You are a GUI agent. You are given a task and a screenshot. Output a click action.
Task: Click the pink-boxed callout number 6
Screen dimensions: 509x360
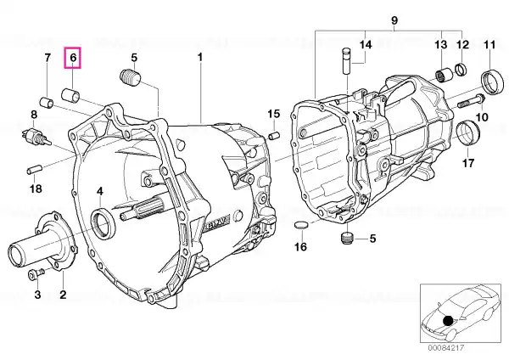[73, 58]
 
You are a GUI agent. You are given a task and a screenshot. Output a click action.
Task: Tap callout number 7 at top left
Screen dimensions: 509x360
[48, 58]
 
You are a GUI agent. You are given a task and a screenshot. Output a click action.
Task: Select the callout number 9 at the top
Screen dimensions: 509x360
[394, 20]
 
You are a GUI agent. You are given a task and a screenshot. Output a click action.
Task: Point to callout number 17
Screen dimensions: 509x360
[468, 163]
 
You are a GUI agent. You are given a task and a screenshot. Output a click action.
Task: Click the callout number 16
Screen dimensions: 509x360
[300, 246]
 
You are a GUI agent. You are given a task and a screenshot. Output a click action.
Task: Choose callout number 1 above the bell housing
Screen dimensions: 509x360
[200, 58]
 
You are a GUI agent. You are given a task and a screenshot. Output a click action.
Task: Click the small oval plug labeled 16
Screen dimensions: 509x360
[300, 224]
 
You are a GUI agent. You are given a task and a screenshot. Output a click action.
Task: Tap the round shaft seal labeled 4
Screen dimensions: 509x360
[103, 224]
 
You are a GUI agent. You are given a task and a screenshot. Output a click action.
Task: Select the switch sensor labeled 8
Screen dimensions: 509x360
[36, 136]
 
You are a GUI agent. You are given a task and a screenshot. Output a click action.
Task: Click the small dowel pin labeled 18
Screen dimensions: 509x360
[34, 170]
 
